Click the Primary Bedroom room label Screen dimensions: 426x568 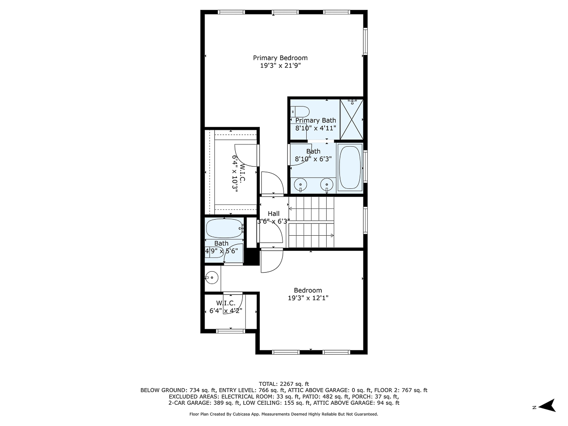280,58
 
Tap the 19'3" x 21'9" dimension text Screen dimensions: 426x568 280,66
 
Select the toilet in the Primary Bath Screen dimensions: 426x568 300,112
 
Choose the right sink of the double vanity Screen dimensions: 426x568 327,185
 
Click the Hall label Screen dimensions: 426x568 274,213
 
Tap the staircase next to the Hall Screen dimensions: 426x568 311,222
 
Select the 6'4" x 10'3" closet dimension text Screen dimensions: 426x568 235,172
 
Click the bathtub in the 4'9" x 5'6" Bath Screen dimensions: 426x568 224,229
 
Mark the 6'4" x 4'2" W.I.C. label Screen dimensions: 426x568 226,307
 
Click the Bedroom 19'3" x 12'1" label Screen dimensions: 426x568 308,294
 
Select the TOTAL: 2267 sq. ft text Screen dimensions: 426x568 284,383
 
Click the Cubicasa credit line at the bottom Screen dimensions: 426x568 284,414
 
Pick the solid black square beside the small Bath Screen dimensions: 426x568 251,257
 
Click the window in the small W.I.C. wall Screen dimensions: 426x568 230,330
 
